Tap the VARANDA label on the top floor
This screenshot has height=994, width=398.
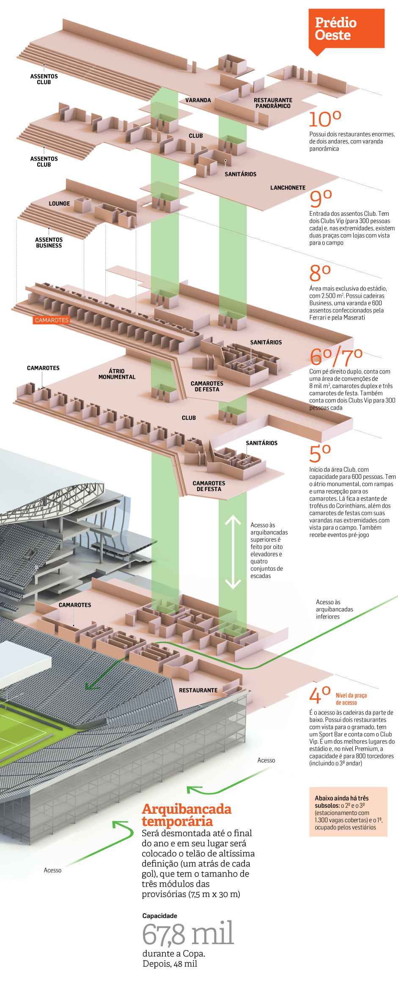(x=198, y=100)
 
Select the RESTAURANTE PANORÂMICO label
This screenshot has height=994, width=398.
(x=273, y=103)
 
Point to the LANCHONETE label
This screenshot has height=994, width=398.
(x=288, y=187)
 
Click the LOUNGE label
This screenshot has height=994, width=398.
(x=59, y=204)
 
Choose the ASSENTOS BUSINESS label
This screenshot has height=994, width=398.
(x=49, y=242)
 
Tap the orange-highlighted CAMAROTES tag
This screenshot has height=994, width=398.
(x=52, y=320)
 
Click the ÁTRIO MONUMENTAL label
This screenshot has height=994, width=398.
(x=117, y=374)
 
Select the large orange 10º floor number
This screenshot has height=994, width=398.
(x=325, y=119)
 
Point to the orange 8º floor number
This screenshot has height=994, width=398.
(x=320, y=273)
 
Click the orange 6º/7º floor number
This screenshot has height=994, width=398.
(x=336, y=357)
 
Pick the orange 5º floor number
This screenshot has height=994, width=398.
(x=320, y=454)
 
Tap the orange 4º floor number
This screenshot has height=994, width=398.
(x=319, y=695)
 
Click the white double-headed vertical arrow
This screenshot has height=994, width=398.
(x=233, y=552)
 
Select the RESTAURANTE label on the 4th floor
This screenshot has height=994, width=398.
(x=198, y=690)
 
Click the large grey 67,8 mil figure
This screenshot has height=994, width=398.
(x=188, y=934)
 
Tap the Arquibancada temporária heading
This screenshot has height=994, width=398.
(x=187, y=815)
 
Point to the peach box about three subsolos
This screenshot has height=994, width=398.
(x=348, y=812)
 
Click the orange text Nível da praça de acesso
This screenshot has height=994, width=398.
(x=351, y=699)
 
